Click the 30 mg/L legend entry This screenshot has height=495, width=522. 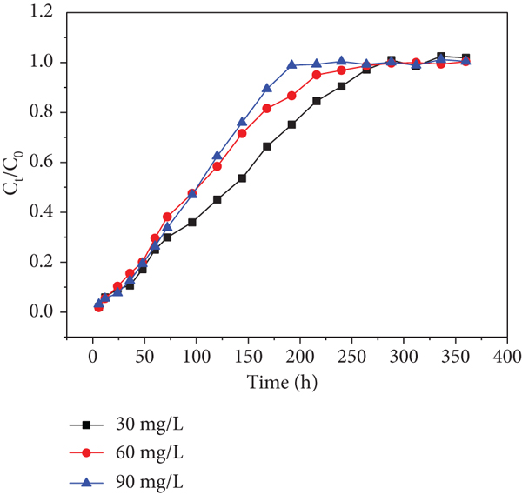126,425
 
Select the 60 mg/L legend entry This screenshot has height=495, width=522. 126,452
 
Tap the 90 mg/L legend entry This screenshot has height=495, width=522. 126,482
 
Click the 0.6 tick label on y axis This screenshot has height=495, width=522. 41,162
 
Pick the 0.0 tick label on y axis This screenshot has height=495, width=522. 41,312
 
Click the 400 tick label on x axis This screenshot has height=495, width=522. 507,357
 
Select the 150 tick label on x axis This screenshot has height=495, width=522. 248,357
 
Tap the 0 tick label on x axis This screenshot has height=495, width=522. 93,357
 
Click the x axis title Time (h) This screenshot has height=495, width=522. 282,383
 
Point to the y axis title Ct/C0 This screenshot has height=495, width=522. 14,173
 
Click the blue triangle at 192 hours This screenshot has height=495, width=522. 292,64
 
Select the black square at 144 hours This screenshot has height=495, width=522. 242,178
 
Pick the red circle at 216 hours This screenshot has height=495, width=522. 317,75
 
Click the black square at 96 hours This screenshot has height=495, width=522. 192,223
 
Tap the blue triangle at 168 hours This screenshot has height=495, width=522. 267,88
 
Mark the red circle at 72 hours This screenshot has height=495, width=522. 167,217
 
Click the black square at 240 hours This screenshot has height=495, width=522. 341,86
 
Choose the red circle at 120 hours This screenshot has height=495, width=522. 217,166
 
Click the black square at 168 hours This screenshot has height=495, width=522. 267,146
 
